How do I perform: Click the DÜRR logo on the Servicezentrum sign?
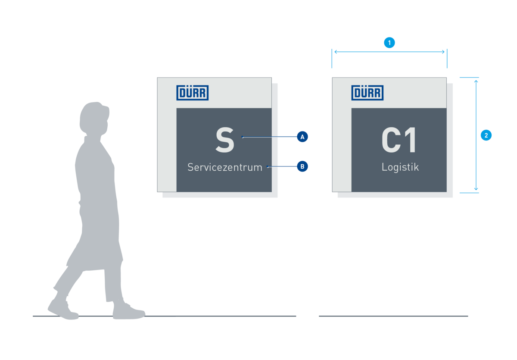(193, 93)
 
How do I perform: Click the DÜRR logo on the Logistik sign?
(368, 93)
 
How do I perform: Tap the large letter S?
(225, 140)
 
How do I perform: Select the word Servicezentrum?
(225, 167)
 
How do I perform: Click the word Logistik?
(400, 167)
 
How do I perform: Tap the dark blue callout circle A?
(302, 137)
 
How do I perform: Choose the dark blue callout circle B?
(302, 166)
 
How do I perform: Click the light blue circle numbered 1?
(389, 43)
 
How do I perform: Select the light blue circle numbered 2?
(486, 135)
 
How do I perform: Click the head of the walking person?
(94, 118)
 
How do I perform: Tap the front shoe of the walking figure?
(128, 312)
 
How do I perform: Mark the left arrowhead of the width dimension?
(336, 52)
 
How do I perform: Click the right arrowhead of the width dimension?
(443, 52)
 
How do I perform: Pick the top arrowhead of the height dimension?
(476, 81)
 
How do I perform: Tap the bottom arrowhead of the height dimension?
(476, 189)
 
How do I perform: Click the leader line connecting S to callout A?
(270, 137)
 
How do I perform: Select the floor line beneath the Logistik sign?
(393, 316)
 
